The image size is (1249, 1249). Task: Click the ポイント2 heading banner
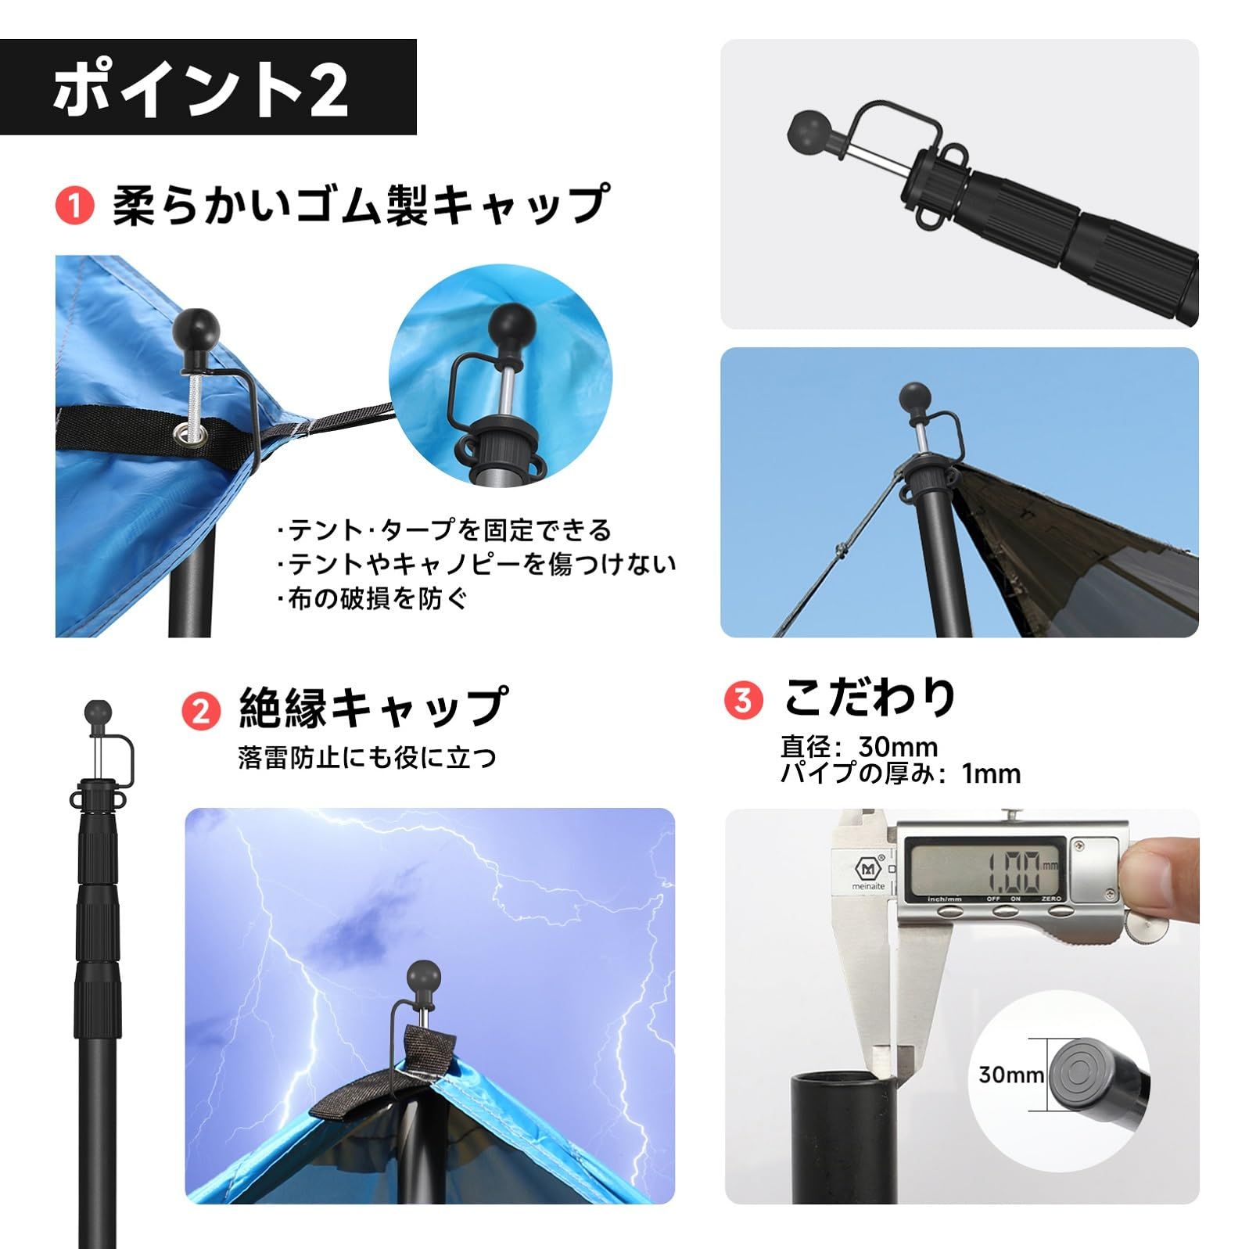coord(207,88)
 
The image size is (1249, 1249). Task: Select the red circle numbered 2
coord(201,710)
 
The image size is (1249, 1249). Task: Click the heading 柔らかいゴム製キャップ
coord(360,206)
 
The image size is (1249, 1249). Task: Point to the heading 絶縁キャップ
coord(372,708)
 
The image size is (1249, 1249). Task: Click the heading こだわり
coord(870,697)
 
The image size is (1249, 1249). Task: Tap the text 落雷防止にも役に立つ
coord(367,757)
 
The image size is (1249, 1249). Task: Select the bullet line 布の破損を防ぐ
coord(372,598)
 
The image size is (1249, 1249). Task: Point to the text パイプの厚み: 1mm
coord(900,773)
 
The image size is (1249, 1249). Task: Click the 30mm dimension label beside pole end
coord(1011,1075)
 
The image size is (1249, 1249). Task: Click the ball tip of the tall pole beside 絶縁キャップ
coord(97,713)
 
